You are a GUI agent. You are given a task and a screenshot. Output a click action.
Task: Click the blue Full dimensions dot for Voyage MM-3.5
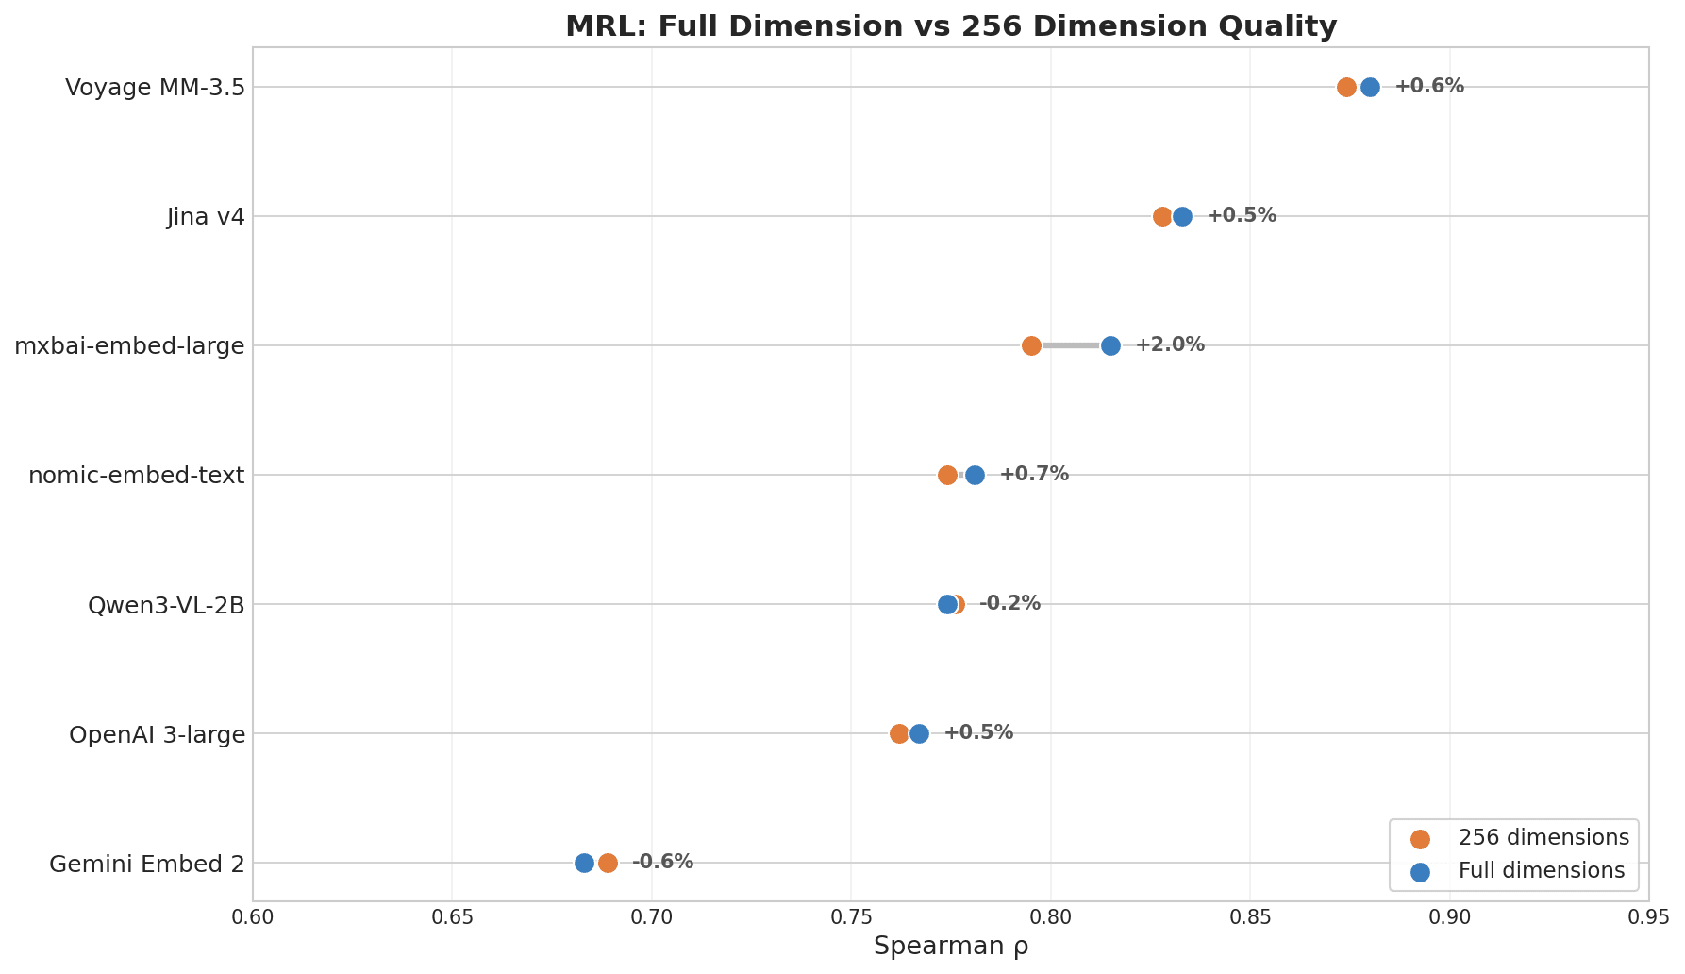[1370, 87]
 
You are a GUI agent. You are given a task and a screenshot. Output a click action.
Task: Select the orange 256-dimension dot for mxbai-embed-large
[1031, 345]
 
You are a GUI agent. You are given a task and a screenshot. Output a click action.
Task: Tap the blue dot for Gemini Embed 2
[584, 863]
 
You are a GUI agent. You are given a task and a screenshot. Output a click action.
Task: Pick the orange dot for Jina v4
[1162, 216]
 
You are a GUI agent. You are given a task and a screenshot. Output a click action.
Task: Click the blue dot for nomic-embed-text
[975, 475]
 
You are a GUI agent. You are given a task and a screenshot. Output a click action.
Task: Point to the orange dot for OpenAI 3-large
[899, 733]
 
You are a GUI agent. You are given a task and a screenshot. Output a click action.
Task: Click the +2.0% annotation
[1169, 344]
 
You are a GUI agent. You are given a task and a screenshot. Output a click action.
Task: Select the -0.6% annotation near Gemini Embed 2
[662, 862]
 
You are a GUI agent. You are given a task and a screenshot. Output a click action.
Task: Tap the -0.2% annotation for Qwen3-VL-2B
[1009, 603]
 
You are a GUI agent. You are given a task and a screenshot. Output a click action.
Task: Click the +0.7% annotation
[1034, 474]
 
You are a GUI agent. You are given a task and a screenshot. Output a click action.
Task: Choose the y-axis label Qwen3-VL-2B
[166, 605]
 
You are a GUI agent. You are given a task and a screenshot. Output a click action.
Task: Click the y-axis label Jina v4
[206, 217]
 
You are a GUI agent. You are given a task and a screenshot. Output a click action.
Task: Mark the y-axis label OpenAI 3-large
[157, 734]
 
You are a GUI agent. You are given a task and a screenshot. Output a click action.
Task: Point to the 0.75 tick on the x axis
[851, 917]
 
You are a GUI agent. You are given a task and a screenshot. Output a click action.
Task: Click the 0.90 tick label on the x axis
[1449, 917]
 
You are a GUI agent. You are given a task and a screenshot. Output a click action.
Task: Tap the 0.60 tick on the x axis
[253, 917]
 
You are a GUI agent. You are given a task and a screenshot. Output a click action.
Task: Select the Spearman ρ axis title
[951, 947]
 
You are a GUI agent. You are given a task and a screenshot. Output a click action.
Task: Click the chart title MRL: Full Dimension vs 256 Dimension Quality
[951, 26]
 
